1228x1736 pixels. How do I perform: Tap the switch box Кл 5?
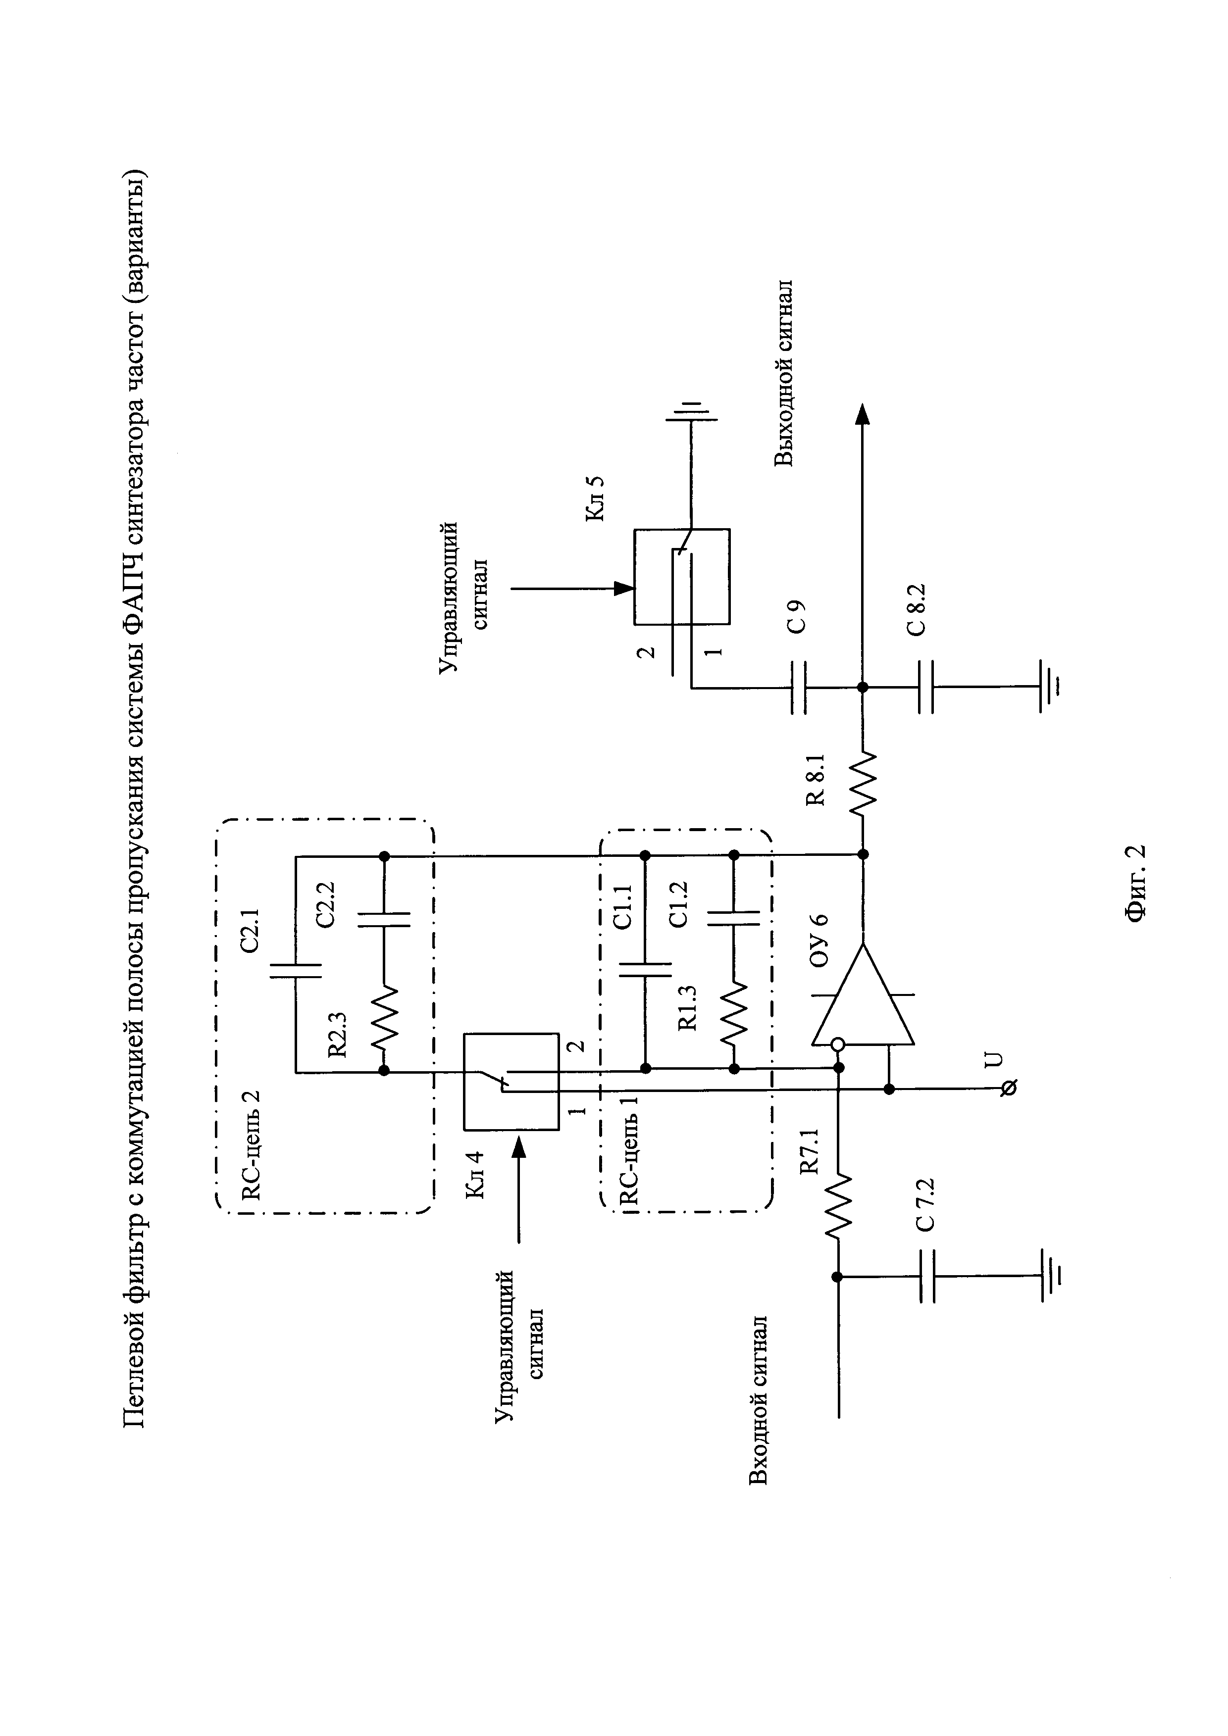pos(681,576)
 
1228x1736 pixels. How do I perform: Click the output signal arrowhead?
pos(863,414)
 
